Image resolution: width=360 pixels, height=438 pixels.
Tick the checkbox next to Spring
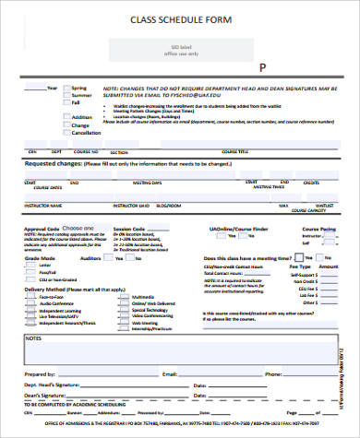[65, 88]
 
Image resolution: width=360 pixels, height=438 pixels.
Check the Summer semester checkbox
[65, 95]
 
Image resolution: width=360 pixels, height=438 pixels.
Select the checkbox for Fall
[65, 102]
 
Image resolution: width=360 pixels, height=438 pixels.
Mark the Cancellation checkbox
[65, 133]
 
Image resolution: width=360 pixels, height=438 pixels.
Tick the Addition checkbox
[65, 117]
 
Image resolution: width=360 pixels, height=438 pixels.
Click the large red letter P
[262, 69]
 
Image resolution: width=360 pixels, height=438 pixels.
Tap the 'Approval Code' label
[41, 227]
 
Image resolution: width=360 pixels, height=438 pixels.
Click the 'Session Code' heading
[127, 227]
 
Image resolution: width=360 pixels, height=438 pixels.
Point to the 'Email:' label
[169, 375]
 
